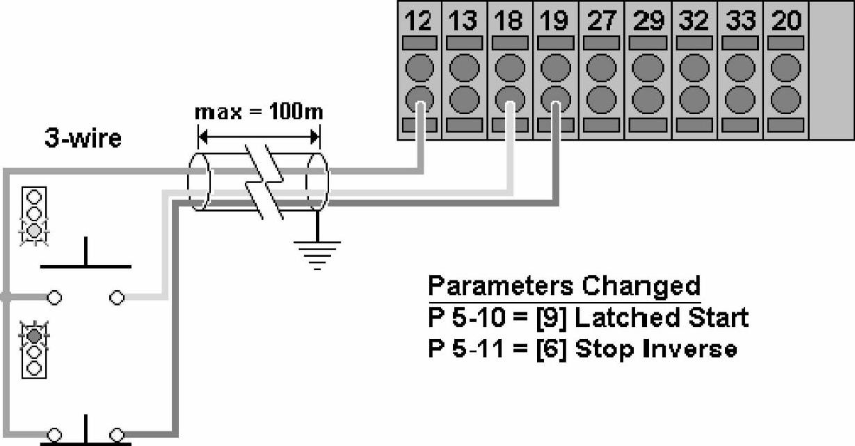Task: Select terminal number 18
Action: [509, 21]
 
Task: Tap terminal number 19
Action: [554, 21]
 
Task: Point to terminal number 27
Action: [600, 21]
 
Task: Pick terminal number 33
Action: [740, 21]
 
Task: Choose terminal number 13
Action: [463, 21]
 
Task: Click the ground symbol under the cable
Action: [318, 253]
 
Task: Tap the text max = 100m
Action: [259, 111]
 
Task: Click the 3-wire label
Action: [83, 138]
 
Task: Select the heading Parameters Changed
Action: [564, 286]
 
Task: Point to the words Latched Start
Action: [661, 317]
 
